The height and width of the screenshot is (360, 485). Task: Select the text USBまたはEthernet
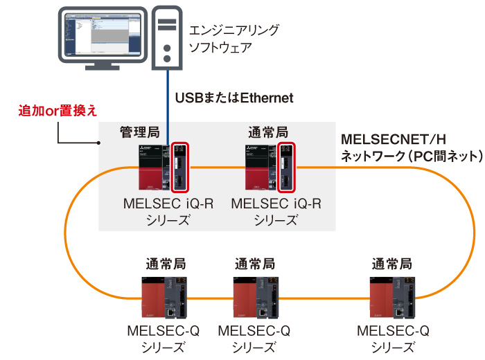234,98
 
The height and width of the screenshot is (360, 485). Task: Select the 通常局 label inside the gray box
267,132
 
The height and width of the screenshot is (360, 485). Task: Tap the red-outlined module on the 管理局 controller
179,168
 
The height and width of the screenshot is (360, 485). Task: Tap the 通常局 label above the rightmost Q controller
391,263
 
